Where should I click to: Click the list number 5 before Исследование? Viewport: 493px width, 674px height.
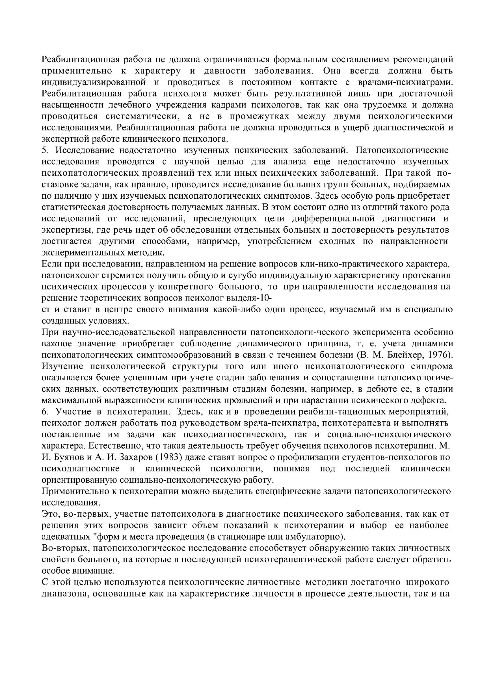pyautogui.click(x=44, y=151)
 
